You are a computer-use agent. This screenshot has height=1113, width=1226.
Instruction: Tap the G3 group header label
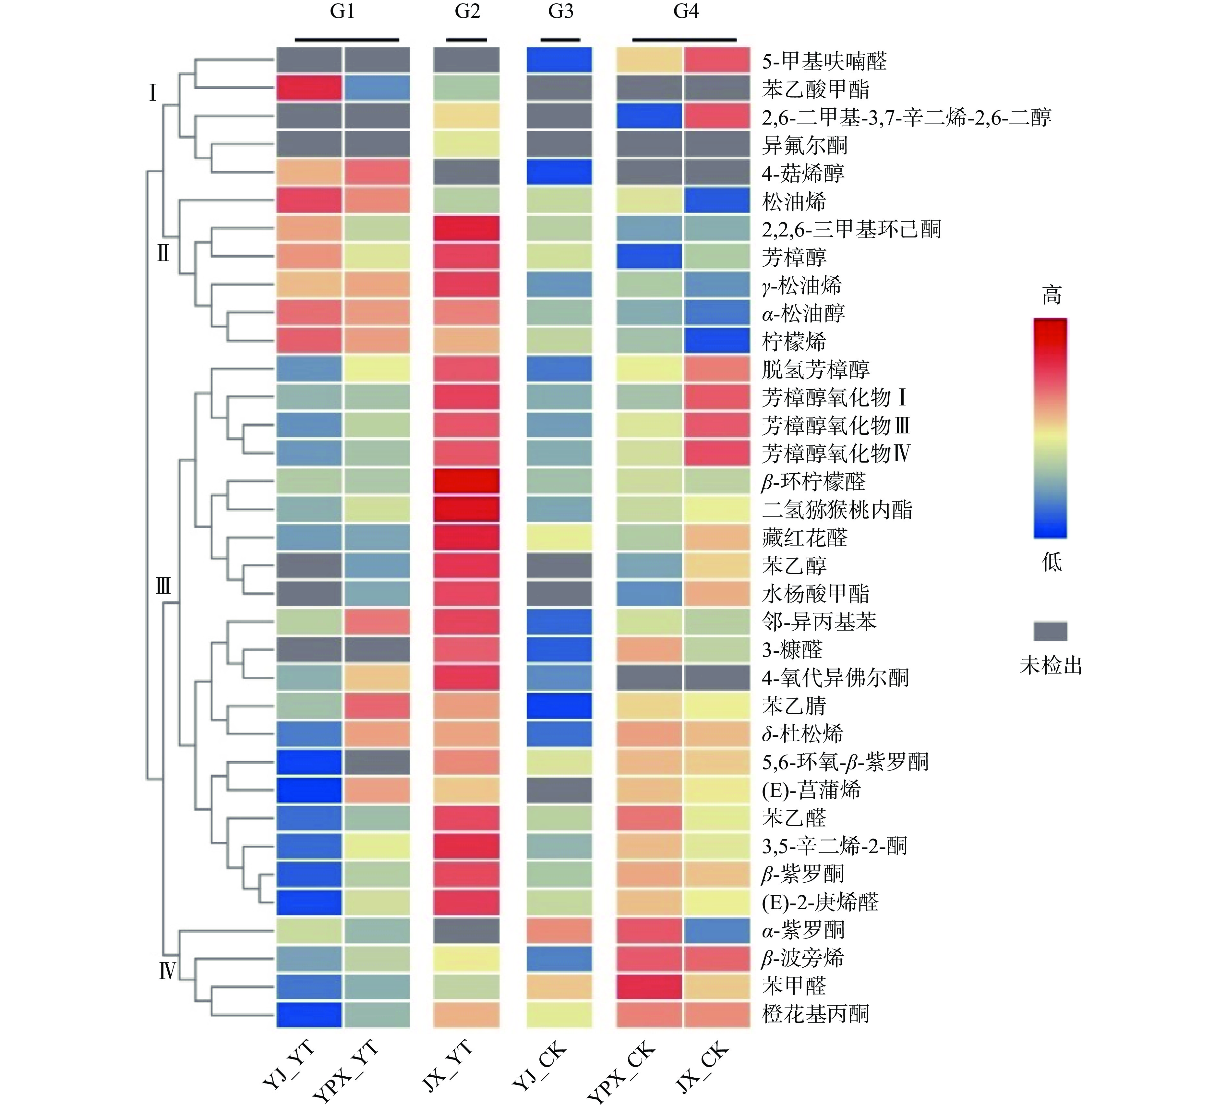click(560, 12)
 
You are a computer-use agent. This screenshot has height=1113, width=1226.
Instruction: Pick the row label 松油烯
click(794, 201)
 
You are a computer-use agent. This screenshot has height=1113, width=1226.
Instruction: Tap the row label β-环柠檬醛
click(813, 482)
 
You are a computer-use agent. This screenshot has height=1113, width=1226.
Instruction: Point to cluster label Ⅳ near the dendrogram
click(167, 971)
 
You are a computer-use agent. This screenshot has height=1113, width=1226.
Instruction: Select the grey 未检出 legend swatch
click(1050, 631)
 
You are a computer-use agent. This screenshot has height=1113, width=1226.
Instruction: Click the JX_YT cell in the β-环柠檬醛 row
click(466, 482)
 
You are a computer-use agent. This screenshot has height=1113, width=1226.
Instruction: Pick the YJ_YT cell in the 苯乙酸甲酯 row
click(309, 89)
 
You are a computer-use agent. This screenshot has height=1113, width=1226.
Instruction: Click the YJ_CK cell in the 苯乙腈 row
click(559, 706)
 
